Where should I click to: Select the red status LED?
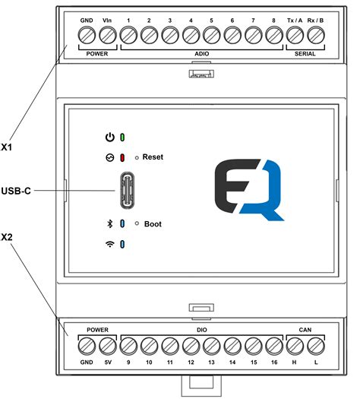click(122, 158)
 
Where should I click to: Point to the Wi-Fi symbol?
click(110, 244)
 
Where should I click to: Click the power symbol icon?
click(110, 138)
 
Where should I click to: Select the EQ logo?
click(248, 189)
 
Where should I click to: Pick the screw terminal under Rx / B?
click(314, 35)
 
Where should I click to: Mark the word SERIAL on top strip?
click(304, 55)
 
